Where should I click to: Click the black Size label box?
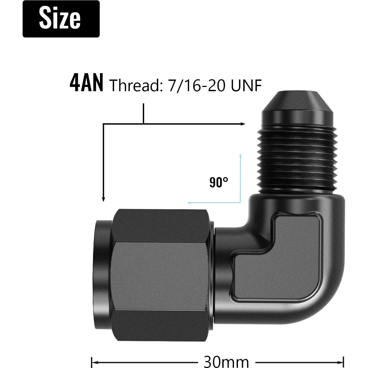pyautogui.click(x=61, y=19)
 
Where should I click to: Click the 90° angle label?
pyautogui.click(x=219, y=183)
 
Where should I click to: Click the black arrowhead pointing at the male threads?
pyautogui.click(x=243, y=124)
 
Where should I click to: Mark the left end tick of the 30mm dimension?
pyautogui.click(x=92, y=362)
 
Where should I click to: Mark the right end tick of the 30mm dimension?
pyautogui.click(x=344, y=362)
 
